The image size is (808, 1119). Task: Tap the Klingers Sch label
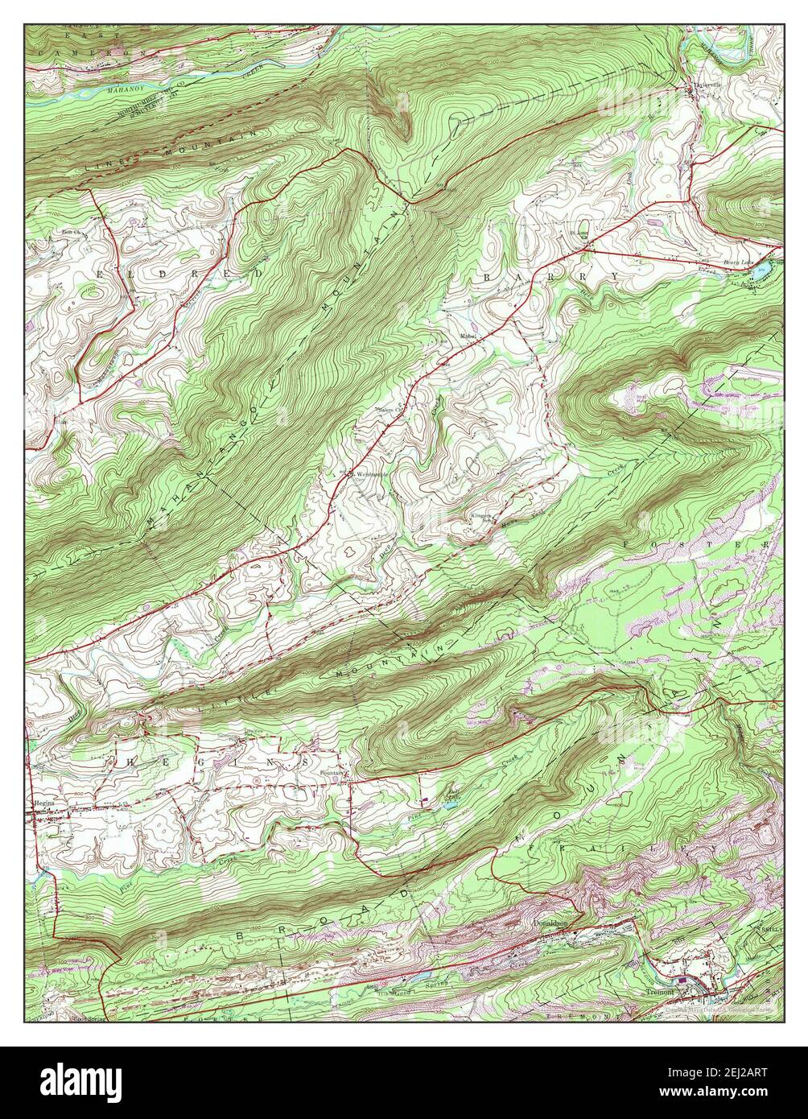480,517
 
